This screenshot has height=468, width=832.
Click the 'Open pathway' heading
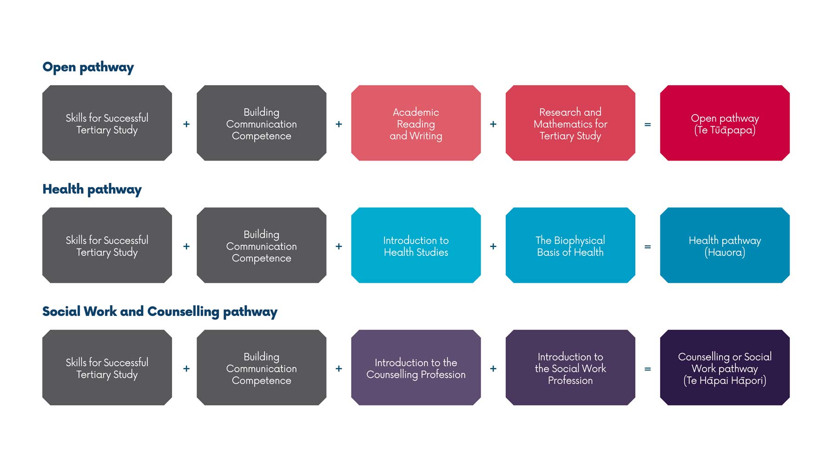[x=88, y=67]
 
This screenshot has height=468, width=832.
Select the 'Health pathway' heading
[x=92, y=189]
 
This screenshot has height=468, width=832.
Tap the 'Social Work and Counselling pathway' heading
[x=160, y=312]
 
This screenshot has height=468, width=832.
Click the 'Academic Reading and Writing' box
[x=416, y=123]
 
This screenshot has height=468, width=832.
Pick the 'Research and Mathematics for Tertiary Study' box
[x=570, y=123]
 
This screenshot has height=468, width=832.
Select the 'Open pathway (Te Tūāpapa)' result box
[x=725, y=123]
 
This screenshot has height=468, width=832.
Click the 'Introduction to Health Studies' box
[x=416, y=246]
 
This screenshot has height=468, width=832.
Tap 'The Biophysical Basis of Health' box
[x=570, y=246]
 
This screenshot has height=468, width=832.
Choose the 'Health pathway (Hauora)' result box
[x=725, y=246]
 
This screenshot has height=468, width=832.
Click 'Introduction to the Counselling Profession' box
[x=416, y=368]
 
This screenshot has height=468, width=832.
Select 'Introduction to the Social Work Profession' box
[x=570, y=368]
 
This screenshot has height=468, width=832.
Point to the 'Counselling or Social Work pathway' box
[x=725, y=368]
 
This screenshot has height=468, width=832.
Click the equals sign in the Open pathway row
[x=647, y=125]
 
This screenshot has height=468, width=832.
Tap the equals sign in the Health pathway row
[x=647, y=247]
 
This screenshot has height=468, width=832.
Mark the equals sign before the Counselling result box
[x=647, y=369]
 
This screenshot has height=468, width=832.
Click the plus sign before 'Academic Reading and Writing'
[x=339, y=124]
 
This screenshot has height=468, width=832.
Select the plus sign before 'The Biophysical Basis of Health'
[x=493, y=247]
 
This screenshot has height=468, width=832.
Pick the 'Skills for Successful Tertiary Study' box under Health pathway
[x=107, y=246]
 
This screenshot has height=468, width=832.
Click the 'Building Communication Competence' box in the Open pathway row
[x=262, y=123]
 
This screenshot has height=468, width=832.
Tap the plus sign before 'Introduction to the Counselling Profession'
[x=339, y=369]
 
